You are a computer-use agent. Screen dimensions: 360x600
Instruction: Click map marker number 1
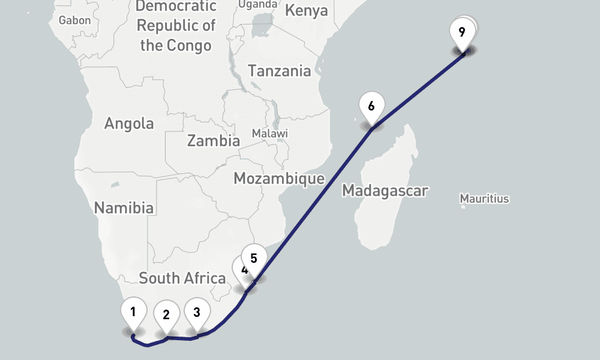[133, 311]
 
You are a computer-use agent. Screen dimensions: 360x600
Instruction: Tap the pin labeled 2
[166, 314]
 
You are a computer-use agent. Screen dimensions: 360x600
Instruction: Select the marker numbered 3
[197, 312]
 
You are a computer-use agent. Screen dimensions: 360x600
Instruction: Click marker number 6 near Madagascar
[371, 107]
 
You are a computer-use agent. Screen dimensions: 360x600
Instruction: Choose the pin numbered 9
[461, 32]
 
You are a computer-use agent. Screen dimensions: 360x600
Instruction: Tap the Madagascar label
[385, 191]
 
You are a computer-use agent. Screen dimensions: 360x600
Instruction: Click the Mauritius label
[484, 198]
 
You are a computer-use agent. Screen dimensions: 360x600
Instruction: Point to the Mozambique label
[279, 178]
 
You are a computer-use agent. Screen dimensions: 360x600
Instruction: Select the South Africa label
[182, 278]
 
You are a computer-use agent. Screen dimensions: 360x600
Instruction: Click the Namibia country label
[124, 208]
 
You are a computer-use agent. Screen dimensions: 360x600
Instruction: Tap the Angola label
[129, 124]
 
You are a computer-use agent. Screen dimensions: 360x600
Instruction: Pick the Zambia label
[214, 141]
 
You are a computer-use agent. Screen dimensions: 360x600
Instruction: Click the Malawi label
[269, 133]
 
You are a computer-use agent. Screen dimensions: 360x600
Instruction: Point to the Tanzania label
[280, 71]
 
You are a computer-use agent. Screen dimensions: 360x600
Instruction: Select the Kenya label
[306, 11]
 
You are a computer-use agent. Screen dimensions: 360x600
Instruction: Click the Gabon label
[74, 20]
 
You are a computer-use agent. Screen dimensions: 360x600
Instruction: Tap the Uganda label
[258, 5]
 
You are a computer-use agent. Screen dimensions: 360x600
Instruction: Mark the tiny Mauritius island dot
[463, 207]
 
